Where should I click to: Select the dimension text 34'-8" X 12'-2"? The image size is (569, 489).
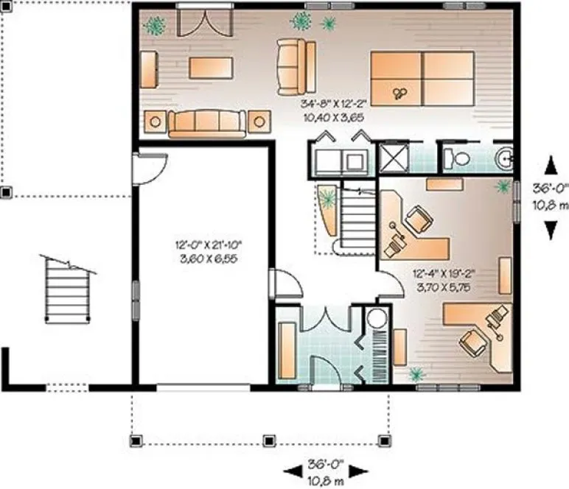click(333, 104)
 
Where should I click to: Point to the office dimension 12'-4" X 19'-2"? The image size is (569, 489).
click(444, 270)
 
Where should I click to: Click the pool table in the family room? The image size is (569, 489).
click(422, 79)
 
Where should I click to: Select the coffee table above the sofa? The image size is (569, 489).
click(211, 68)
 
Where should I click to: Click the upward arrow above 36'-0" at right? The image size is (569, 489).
click(550, 163)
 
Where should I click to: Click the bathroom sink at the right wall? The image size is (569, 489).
click(505, 157)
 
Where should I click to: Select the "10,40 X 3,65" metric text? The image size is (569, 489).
click(333, 116)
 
